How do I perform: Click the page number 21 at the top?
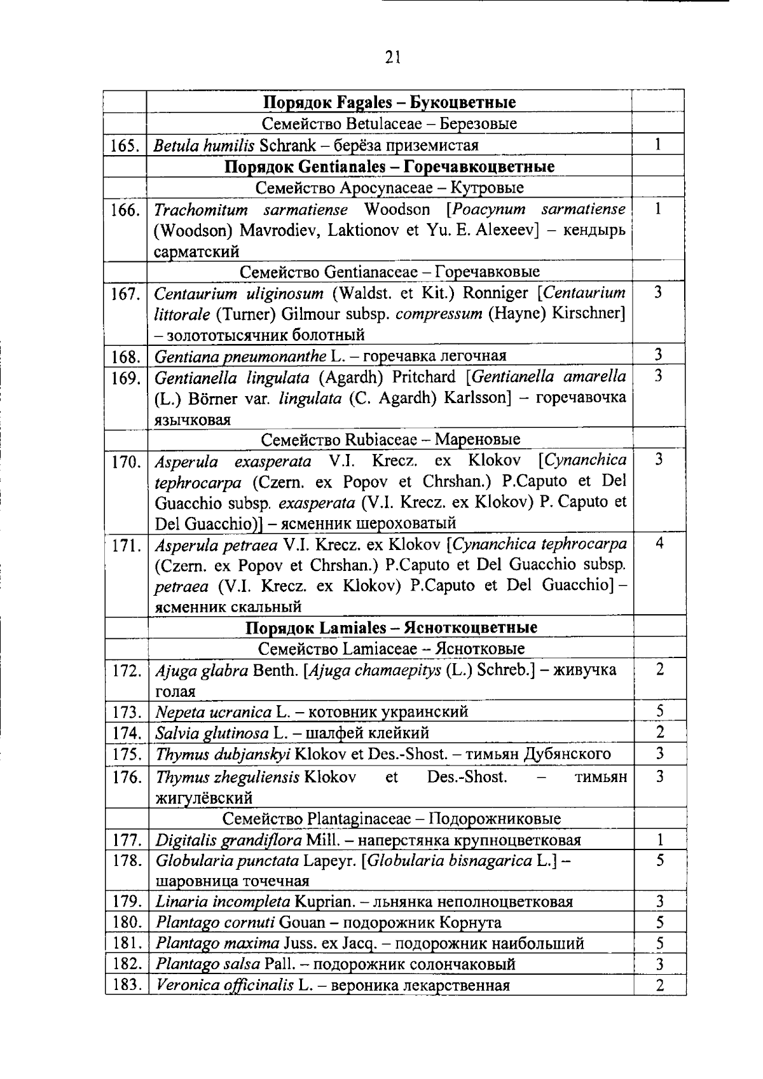point(392,58)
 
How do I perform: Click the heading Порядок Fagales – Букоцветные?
point(389,102)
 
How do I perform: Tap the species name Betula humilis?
point(203,146)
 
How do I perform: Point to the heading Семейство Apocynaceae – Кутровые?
point(389,188)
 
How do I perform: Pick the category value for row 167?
point(658,293)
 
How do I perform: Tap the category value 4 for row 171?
point(659,544)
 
